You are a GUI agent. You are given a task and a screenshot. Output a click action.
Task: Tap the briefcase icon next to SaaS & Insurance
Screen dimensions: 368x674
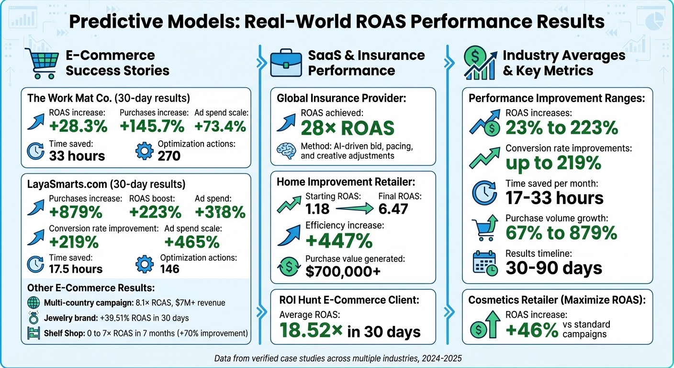[286, 63]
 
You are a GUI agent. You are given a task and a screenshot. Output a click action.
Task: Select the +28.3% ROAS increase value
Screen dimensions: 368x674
[78, 126]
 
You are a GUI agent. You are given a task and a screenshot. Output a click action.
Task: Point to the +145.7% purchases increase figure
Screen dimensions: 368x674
[152, 126]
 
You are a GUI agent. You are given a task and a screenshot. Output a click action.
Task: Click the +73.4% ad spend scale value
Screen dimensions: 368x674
[220, 126]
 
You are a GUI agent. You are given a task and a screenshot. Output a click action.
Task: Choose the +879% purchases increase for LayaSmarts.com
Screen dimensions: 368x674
[76, 211]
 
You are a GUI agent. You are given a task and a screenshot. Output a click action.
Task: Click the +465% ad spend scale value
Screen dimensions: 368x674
[192, 241]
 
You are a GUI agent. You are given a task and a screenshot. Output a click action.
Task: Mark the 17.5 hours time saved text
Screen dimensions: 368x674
[76, 269]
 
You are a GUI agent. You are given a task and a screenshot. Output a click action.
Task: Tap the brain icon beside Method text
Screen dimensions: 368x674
[287, 150]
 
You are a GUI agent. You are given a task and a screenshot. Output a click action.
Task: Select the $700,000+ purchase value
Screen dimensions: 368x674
[344, 271]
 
